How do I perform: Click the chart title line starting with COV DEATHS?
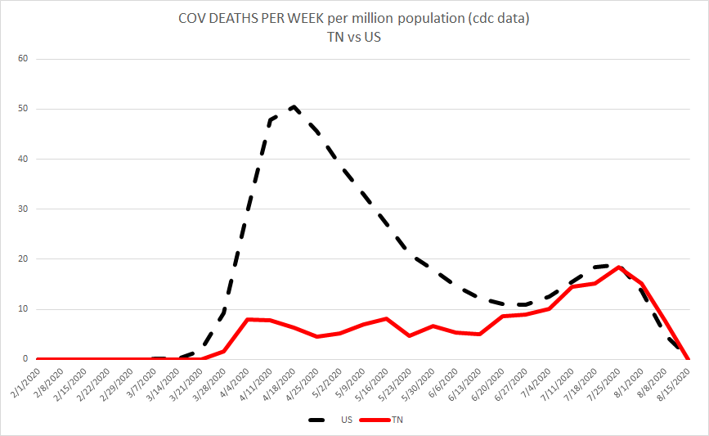[354, 19]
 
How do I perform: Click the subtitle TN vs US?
[354, 36]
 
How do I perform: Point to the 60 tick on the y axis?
[24, 59]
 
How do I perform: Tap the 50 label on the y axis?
[24, 109]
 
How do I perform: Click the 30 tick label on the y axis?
[24, 209]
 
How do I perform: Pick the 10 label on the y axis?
[24, 309]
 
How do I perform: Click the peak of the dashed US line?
[293, 106]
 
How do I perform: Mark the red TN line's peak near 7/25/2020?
[619, 267]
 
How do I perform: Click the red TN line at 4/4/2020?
[247, 319]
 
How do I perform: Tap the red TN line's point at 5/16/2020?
[386, 318]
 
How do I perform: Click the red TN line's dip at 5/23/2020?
[409, 335]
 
